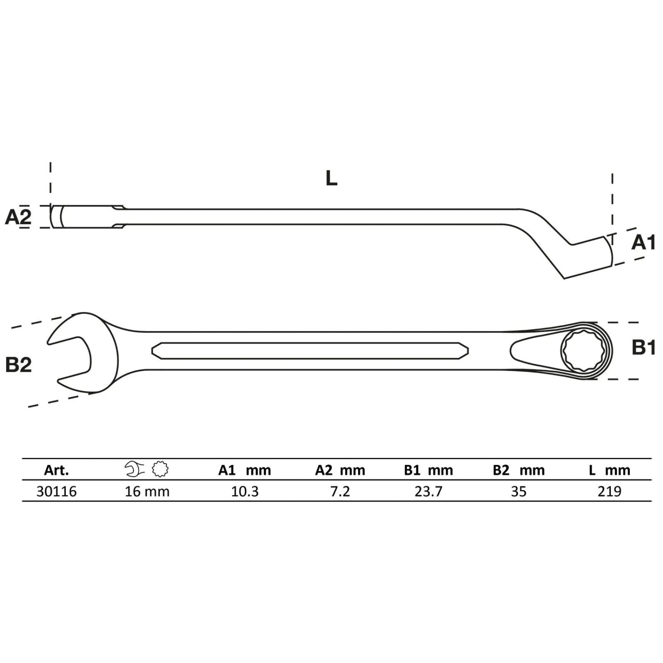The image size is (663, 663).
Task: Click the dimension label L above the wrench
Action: (x=331, y=178)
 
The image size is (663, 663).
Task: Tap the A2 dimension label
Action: (x=18, y=217)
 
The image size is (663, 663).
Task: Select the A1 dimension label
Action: (x=643, y=242)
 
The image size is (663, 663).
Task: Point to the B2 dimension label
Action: (x=19, y=365)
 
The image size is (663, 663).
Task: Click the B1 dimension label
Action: (x=644, y=348)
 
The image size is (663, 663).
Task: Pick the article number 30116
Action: (x=57, y=492)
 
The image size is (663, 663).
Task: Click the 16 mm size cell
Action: (x=147, y=492)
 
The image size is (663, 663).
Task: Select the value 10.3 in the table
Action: (x=245, y=492)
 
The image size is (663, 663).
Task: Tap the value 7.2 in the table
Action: (x=340, y=492)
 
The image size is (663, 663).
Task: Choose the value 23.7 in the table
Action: (x=428, y=492)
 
